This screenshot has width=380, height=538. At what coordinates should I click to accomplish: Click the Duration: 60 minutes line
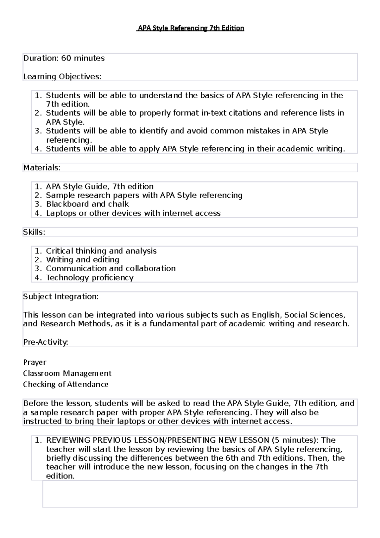click(64, 58)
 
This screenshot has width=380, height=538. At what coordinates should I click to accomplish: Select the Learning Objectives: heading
click(62, 77)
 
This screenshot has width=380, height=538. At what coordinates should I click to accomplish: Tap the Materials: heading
click(42, 168)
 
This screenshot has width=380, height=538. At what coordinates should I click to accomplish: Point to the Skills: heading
click(34, 232)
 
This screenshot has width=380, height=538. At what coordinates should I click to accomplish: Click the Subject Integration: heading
click(61, 297)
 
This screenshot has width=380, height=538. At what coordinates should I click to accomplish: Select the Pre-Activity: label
click(46, 342)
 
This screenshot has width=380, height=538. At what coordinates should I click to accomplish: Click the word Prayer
click(35, 362)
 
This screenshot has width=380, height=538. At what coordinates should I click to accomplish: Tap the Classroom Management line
click(67, 374)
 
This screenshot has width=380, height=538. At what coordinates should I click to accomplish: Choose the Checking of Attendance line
click(66, 385)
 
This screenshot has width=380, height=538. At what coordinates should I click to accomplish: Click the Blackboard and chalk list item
click(87, 204)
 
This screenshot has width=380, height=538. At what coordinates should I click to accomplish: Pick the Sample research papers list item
click(144, 195)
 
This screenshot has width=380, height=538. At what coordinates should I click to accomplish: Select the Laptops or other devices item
click(133, 213)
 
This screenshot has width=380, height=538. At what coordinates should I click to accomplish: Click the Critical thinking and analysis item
click(101, 251)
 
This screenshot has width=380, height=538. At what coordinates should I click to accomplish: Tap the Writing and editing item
click(83, 260)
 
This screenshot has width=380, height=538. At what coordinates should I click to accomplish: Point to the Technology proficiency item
click(90, 278)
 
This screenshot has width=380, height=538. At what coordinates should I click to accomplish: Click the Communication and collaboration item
click(111, 269)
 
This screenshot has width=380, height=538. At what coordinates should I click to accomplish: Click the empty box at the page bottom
click(200, 494)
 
